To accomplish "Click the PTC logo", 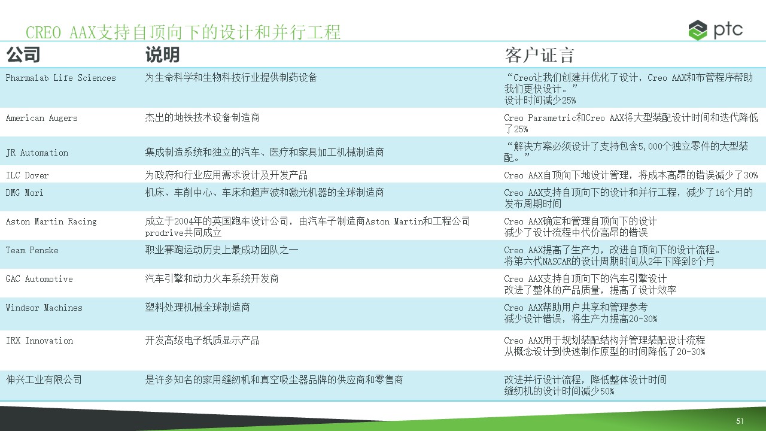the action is pos(715,30).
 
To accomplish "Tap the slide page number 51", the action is pos(740,421).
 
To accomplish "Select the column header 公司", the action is pos(23,54).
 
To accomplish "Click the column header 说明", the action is pos(162,54).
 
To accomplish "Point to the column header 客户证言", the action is pos(539,55).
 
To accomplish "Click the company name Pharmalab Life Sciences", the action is pos(61,78).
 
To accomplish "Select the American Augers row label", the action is pos(42,118).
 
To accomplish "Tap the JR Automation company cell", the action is pos(37,153).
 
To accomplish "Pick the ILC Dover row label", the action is pos(28,175).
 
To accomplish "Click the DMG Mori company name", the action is pos(25,193).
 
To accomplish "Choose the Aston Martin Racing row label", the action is pos(51,221).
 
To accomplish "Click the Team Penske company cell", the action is pos(32,250).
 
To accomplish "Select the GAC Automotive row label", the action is pos(39,279).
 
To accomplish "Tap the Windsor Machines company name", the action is pos(44,308).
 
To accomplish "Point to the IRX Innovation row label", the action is pos(39,341).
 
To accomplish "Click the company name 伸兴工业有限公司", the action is pos(44,380).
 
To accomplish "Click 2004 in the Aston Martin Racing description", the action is pos(184,221).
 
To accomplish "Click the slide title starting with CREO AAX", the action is pos(183,32).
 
